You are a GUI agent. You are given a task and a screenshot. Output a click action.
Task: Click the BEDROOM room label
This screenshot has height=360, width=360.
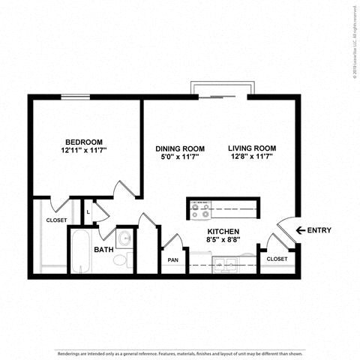click(83, 142)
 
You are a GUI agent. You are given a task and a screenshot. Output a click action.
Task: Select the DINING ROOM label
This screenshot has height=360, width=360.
click(180, 148)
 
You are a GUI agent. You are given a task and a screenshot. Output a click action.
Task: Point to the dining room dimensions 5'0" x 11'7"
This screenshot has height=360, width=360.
click(180, 157)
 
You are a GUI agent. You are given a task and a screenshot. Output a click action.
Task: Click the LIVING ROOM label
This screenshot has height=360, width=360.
click(252, 148)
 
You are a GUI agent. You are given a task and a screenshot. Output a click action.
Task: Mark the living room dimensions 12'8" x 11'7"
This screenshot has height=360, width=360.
click(252, 157)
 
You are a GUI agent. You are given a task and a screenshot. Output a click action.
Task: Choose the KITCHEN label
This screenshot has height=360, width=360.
click(223, 232)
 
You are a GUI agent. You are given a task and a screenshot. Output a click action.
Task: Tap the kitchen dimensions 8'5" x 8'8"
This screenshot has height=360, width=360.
click(223, 241)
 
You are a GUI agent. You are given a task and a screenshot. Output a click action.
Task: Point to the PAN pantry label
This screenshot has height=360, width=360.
click(172, 260)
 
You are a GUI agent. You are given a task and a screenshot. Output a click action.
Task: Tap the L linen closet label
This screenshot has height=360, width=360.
click(88, 211)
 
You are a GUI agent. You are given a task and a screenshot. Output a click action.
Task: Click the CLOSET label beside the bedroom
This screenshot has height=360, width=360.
click(56, 220)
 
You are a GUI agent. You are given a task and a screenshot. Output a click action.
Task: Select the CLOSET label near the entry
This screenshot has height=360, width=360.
click(276, 259)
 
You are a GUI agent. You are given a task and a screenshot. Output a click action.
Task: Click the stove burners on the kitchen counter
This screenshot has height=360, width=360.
click(199, 208)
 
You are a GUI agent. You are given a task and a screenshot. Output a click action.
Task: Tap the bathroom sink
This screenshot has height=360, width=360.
click(125, 240)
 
